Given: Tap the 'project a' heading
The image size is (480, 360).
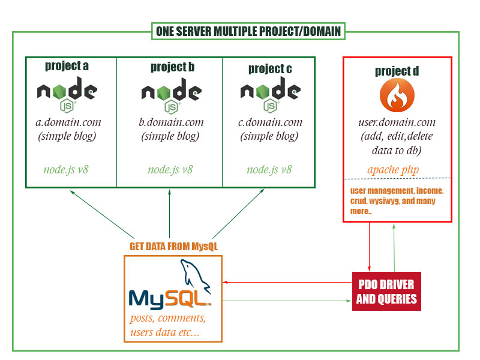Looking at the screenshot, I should tap(67, 65).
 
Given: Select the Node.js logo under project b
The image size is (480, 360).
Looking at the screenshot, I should tap(172, 96).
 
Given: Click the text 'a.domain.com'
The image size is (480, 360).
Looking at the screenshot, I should tap(68, 122).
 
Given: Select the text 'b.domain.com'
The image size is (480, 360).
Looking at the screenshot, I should tap(171, 122).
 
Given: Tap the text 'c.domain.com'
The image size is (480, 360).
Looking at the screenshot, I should tap(270, 122).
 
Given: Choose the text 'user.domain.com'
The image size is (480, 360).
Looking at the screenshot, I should tap(397, 123).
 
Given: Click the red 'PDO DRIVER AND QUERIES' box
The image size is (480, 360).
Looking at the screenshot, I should tap(386, 291).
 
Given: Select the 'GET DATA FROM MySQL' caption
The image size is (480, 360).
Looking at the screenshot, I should tap(173, 247).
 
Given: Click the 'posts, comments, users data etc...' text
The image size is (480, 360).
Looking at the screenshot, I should tap(169, 325).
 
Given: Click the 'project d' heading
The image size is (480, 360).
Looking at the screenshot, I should tap(397, 71).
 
